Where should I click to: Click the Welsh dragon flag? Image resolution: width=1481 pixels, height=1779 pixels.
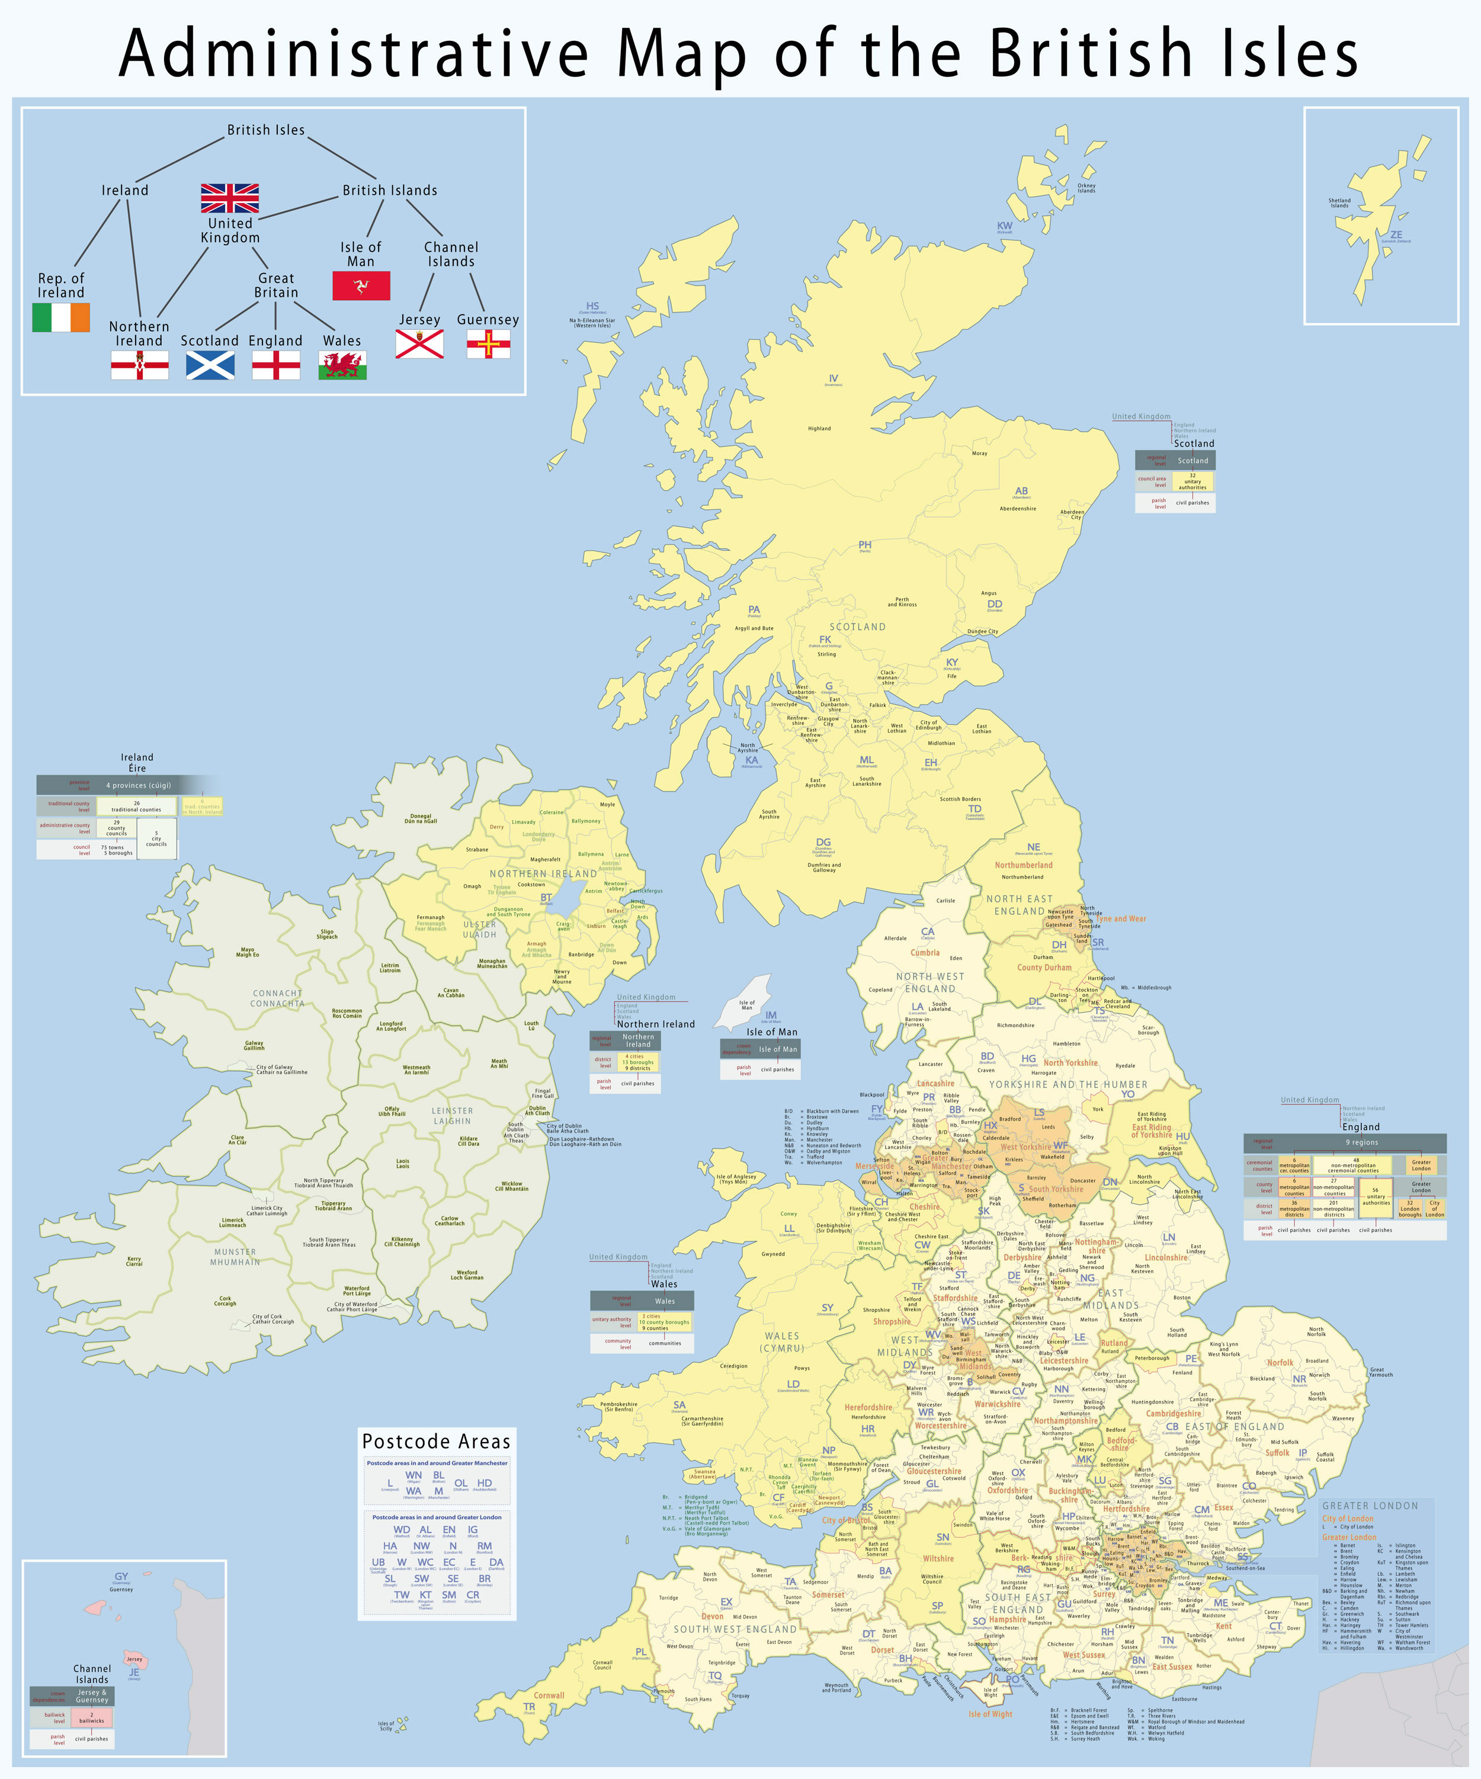[x=342, y=366]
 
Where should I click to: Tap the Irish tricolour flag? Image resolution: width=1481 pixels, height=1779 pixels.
[x=61, y=317]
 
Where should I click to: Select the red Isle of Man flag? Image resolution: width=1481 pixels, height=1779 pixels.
[x=361, y=285]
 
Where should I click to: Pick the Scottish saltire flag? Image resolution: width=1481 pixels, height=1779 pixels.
[x=210, y=365]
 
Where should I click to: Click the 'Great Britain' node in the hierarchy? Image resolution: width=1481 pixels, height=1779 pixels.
[x=276, y=285]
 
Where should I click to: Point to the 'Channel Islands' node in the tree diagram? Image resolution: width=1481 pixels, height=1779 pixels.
[x=451, y=254]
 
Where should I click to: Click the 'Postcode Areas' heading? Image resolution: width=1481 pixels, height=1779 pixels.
[x=437, y=1441]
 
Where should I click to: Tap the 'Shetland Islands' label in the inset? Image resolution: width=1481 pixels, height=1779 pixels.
[x=1339, y=203]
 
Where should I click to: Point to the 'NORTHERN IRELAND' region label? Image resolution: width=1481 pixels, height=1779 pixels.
[x=543, y=874]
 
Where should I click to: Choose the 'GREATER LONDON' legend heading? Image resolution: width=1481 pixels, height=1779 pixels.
[x=1370, y=1505]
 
